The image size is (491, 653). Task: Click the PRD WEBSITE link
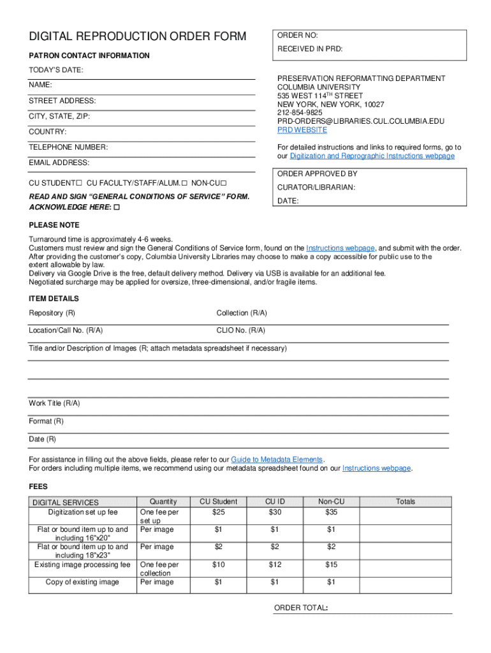pyautogui.click(x=302, y=130)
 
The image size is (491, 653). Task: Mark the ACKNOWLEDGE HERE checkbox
pyautogui.click(x=117, y=208)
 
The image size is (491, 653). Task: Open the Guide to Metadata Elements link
pyautogui.click(x=277, y=460)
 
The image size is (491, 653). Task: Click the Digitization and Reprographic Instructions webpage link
pyautogui.click(x=372, y=156)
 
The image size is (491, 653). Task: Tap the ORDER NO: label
pyautogui.click(x=297, y=35)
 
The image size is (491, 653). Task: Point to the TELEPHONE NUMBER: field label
pyautogui.click(x=68, y=147)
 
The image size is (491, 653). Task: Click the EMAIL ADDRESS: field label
pyautogui.click(x=59, y=163)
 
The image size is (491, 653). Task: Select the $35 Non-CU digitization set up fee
pyautogui.click(x=331, y=512)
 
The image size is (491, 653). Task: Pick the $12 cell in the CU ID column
pyautogui.click(x=275, y=565)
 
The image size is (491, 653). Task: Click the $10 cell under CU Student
pyautogui.click(x=218, y=565)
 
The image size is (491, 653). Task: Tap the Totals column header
pyautogui.click(x=405, y=502)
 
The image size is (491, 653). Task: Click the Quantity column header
pyautogui.click(x=163, y=502)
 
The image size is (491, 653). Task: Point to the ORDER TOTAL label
pyautogui.click(x=300, y=608)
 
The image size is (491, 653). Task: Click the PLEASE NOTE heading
pyautogui.click(x=54, y=225)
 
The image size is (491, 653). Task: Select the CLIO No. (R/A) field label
pyautogui.click(x=241, y=330)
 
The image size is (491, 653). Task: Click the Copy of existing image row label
pyautogui.click(x=82, y=582)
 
